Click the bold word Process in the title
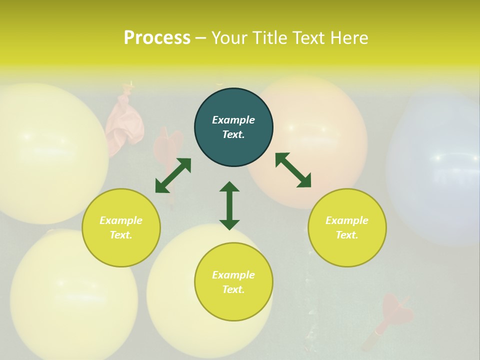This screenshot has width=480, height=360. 157,38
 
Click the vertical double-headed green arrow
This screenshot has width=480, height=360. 229,205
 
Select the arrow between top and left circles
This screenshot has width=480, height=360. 173,175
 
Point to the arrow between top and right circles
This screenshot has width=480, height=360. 293,170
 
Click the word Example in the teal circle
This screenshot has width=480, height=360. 233,120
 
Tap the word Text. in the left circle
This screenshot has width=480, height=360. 121,235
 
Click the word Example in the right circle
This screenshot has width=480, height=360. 347,220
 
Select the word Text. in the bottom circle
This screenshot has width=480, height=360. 233,289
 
